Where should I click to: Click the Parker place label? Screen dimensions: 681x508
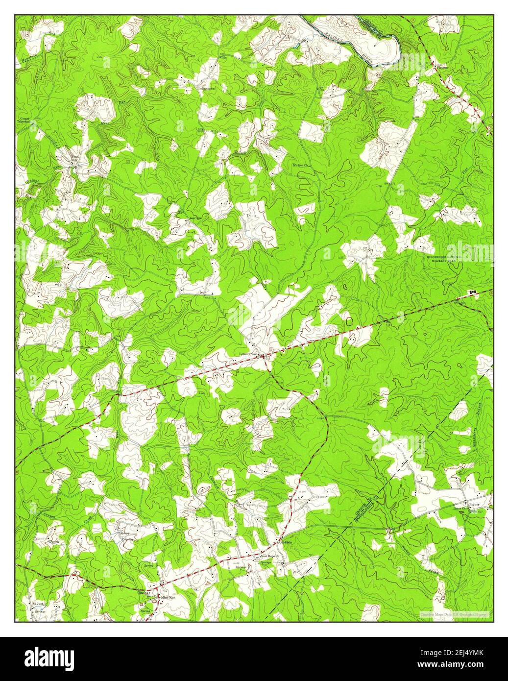click(x=474, y=504)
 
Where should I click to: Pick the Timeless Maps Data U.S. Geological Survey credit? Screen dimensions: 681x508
click(x=456, y=614)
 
